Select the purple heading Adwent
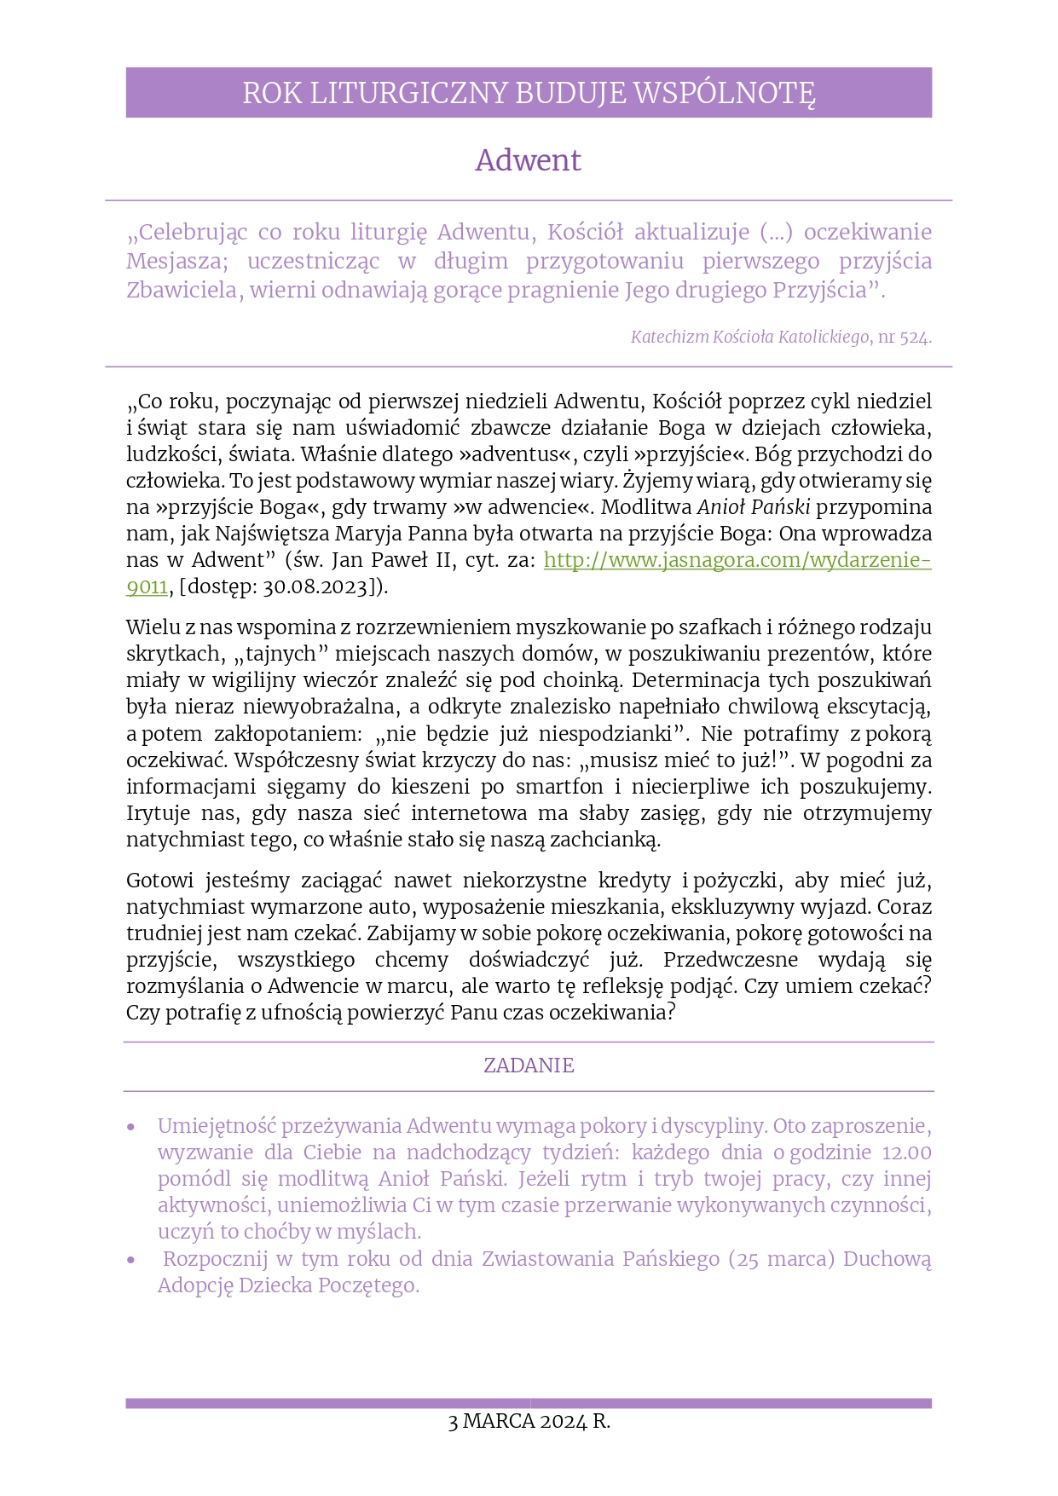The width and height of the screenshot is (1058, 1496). pos(528,160)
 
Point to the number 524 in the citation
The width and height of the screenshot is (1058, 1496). pos(913,338)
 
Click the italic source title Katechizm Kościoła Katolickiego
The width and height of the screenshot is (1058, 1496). pos(749,338)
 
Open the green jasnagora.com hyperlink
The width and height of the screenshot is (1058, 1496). pos(737,560)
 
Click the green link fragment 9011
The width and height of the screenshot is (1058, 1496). pos(147,586)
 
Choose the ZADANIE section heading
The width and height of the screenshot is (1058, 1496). pos(529,1066)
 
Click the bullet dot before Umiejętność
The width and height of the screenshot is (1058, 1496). pos(131,1128)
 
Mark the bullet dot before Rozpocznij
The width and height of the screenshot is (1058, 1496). pos(131,1260)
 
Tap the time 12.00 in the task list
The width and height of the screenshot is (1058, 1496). pos(906,1153)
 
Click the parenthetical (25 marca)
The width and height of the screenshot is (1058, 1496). pos(781,1259)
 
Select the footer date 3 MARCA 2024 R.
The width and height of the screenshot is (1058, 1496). pos(529,1422)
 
